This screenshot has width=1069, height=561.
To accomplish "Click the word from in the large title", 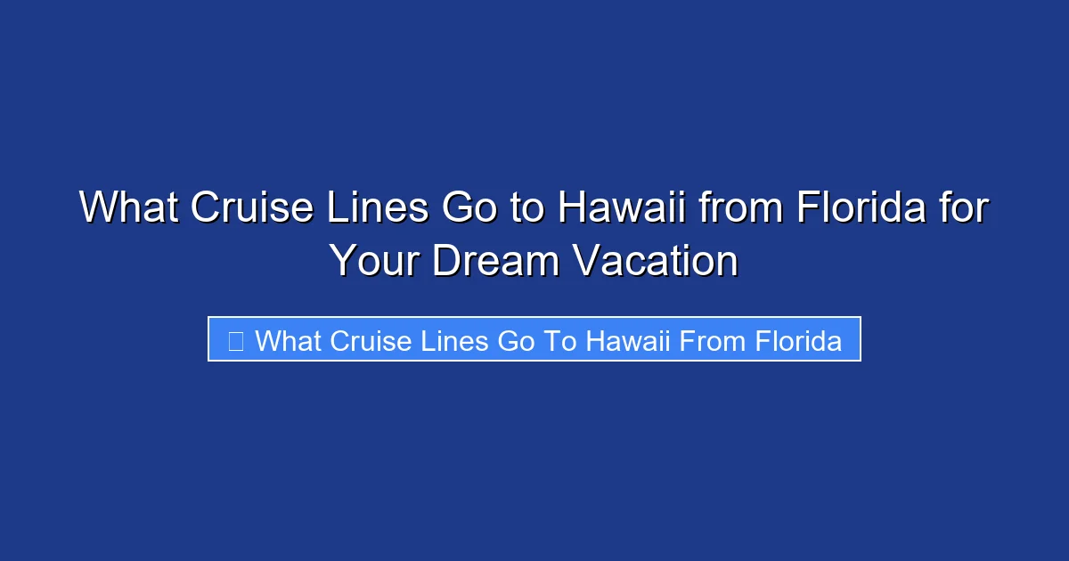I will [x=740, y=208].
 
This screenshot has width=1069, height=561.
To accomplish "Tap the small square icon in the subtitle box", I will [x=236, y=341].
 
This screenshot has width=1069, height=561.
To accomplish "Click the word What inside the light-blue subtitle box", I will [x=288, y=341].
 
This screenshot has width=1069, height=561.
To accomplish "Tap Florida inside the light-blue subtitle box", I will [x=798, y=341].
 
